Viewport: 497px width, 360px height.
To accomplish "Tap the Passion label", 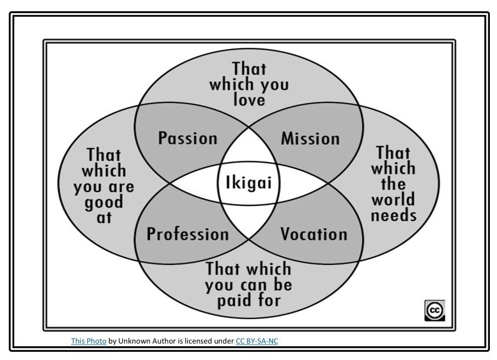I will tap(187, 138).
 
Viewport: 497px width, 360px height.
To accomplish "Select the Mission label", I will tap(310, 138).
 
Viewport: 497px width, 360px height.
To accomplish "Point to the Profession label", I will tap(187, 234).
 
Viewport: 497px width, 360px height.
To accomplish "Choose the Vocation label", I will tap(314, 234).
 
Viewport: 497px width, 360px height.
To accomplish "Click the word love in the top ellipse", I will tap(249, 100).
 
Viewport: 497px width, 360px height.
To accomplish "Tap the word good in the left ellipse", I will tap(104, 202).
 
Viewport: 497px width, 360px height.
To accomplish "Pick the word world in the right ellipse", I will tap(393, 199).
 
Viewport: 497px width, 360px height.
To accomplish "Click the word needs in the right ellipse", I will tap(393, 215).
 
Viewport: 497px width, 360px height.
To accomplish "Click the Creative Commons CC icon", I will tap(434, 310).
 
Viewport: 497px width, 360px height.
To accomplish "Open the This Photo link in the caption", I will tap(88, 341).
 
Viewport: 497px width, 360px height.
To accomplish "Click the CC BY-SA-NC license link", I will tap(256, 341).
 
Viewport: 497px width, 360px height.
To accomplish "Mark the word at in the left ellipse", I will tap(104, 217).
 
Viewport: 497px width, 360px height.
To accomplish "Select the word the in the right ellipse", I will tap(393, 183).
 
